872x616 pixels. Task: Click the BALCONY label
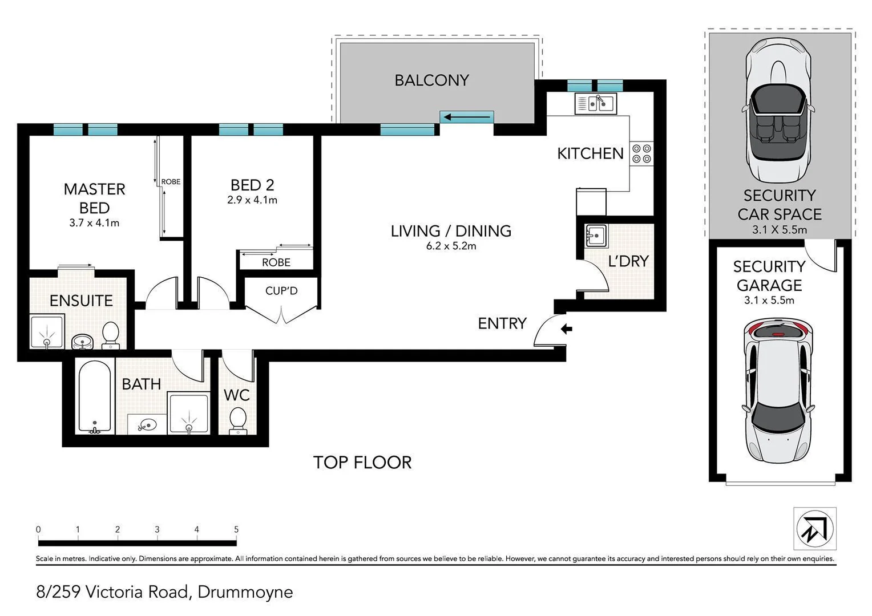(431, 80)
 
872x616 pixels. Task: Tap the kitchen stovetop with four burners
(641, 153)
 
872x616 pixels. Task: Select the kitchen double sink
(596, 103)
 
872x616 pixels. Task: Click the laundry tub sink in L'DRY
(595, 235)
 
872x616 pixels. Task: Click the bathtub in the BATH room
(95, 397)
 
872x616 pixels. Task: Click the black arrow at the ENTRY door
(566, 329)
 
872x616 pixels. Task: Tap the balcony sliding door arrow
(467, 117)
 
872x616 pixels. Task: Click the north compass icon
(815, 529)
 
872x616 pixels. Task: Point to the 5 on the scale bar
(236, 529)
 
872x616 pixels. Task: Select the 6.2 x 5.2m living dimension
(451, 246)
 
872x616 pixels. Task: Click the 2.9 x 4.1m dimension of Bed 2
(252, 200)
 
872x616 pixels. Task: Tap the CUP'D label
(281, 291)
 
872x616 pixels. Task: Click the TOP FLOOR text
(362, 462)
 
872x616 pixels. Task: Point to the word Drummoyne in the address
(245, 592)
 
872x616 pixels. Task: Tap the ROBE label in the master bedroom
(171, 181)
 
